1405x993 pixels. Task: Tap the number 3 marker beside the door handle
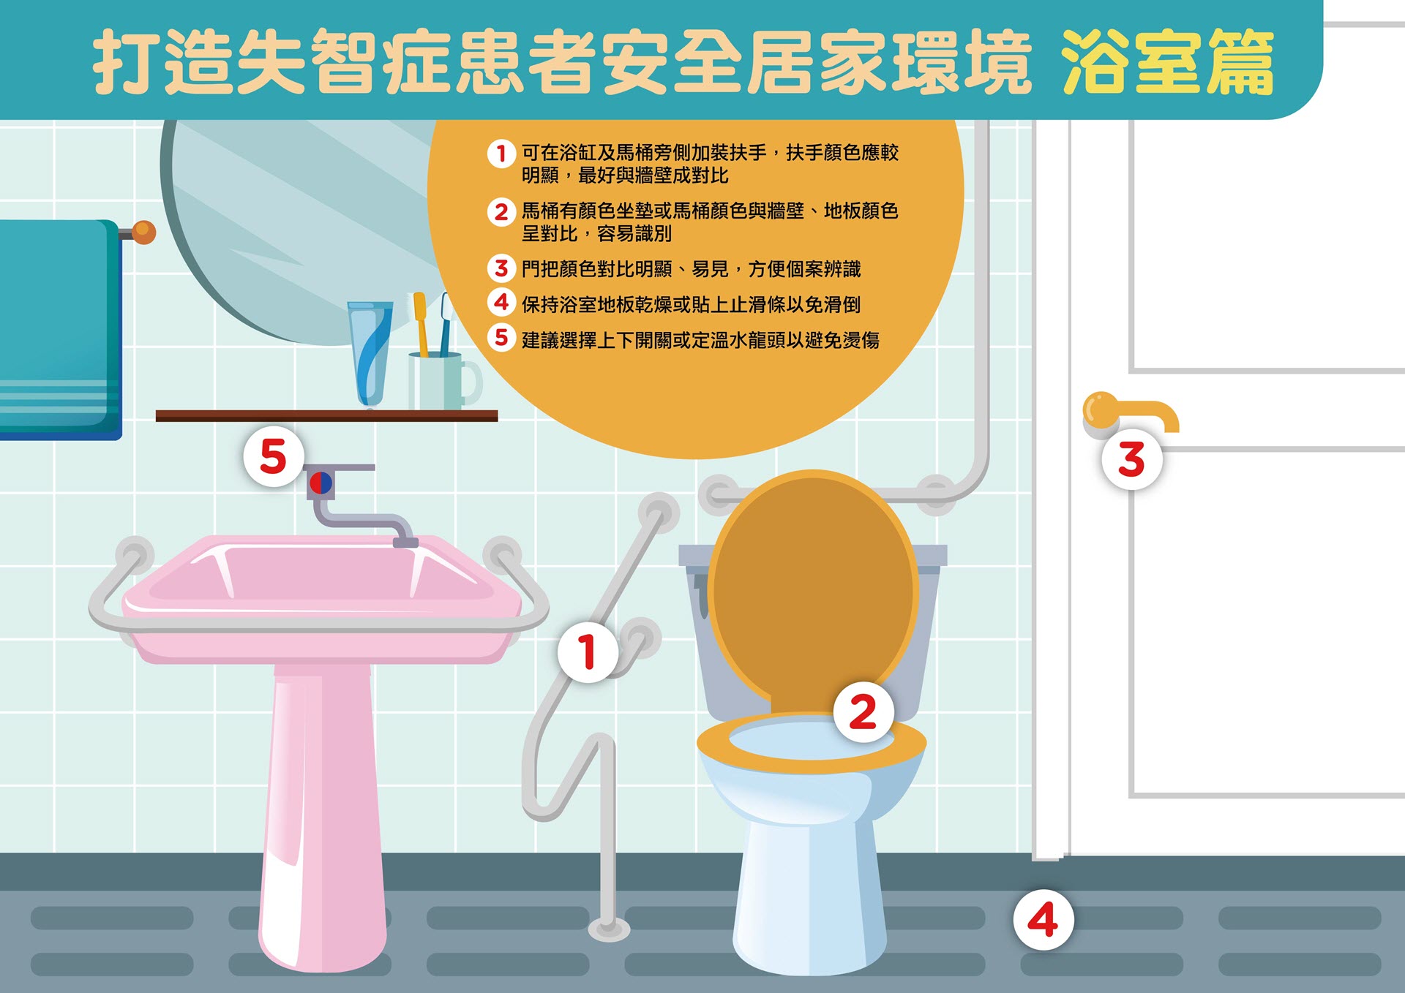coord(1131,459)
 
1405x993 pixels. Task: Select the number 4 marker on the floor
coord(1043,919)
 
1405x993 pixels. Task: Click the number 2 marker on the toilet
coord(863,711)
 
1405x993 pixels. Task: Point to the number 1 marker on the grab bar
coord(587,652)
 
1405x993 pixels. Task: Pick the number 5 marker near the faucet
coord(273,457)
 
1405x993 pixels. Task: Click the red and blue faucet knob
coord(321,483)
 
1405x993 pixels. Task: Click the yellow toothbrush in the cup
coord(421,322)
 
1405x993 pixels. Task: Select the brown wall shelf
coord(326,416)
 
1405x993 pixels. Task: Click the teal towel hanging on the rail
coord(59,329)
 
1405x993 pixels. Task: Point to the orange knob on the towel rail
coord(144,233)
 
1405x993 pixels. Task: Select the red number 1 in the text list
coord(501,154)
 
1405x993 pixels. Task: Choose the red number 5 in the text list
coord(501,338)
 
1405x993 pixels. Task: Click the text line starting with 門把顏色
coord(691,269)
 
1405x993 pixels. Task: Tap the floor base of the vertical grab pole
coord(609,929)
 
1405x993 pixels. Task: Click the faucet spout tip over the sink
coord(405,542)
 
